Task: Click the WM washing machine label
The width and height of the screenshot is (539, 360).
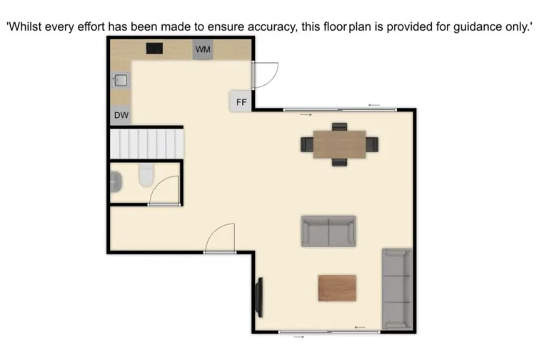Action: [x=203, y=49]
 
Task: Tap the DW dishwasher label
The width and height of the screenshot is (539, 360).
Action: [x=121, y=115]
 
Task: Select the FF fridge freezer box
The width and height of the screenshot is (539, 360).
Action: [x=241, y=102]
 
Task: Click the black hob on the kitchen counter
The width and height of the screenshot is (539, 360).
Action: [x=154, y=49]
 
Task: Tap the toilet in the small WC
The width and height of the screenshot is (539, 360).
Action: [x=146, y=174]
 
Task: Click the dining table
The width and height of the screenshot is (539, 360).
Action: [x=339, y=144]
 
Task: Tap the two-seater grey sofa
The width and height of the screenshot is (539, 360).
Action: [x=328, y=231]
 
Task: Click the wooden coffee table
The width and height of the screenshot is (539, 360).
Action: [x=337, y=288]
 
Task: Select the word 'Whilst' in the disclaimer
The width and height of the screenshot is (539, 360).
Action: [x=26, y=27]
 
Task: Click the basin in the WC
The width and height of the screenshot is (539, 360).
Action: [x=116, y=184]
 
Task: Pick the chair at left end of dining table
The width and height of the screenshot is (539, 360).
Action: [x=308, y=144]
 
